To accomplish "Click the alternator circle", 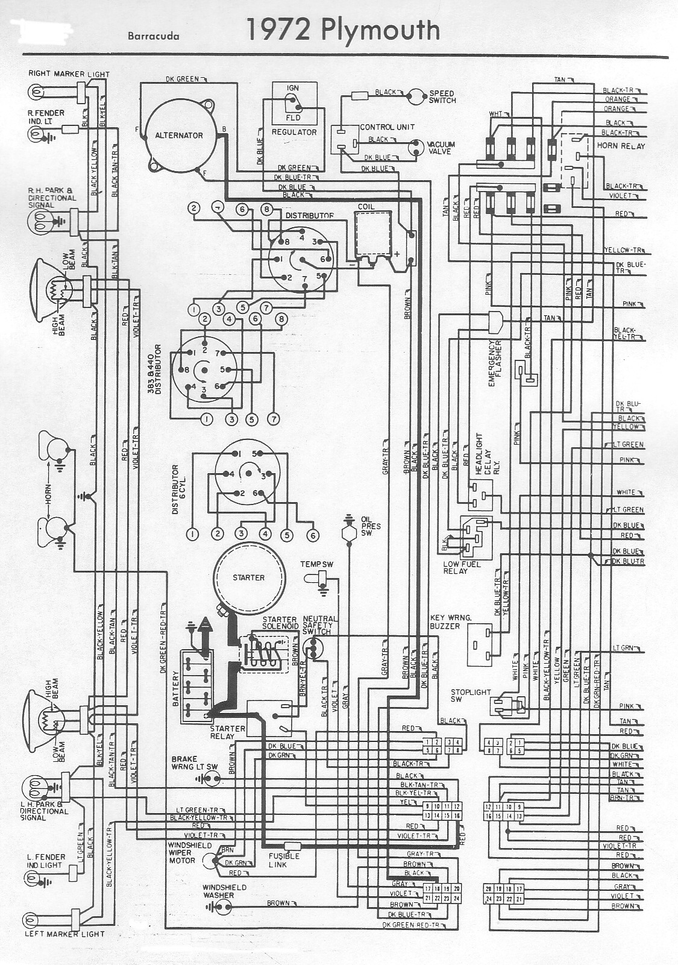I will click(x=179, y=135).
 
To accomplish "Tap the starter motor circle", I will click(x=248, y=577).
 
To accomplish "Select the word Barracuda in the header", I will click(x=153, y=36).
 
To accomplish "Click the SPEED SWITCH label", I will click(x=442, y=97).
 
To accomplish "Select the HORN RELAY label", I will click(x=621, y=146).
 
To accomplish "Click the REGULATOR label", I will click(x=294, y=132).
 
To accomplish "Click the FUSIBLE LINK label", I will click(x=284, y=860).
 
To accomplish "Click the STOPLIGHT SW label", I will click(x=471, y=696).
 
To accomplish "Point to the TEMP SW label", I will click(x=317, y=564).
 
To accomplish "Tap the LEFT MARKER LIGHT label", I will click(x=64, y=934).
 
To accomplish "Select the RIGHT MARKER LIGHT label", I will click(x=69, y=74).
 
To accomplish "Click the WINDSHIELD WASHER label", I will click(x=224, y=891).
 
